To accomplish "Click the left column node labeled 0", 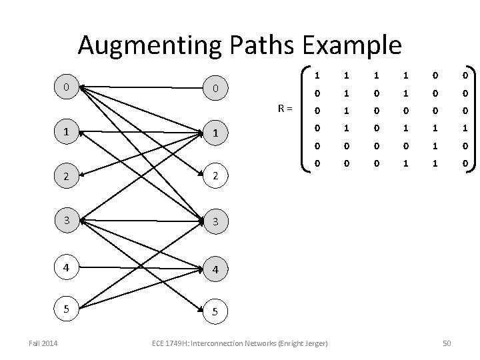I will tap(65, 87).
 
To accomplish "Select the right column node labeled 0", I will tap(215, 88).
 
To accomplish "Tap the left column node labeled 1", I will tap(65, 131).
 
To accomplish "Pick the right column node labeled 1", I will tap(215, 133).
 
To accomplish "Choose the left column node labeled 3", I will tap(65, 219).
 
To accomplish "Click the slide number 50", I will tap(447, 343).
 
